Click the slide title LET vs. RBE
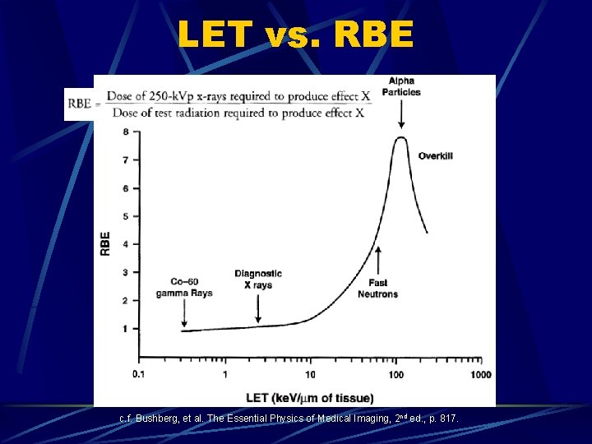click(x=295, y=35)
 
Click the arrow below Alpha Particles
click(x=401, y=115)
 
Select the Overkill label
click(x=436, y=155)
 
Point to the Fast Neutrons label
click(x=377, y=289)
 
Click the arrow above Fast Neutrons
click(x=377, y=262)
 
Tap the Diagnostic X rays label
click(x=258, y=280)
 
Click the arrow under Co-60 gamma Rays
click(x=184, y=317)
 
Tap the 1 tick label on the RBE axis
click(x=125, y=330)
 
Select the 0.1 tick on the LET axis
click(x=140, y=375)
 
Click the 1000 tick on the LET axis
click(x=480, y=375)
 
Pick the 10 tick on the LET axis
click(x=310, y=375)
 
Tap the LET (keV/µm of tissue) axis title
click(x=309, y=398)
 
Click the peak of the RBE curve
click(x=400, y=138)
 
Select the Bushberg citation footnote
click(x=289, y=419)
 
